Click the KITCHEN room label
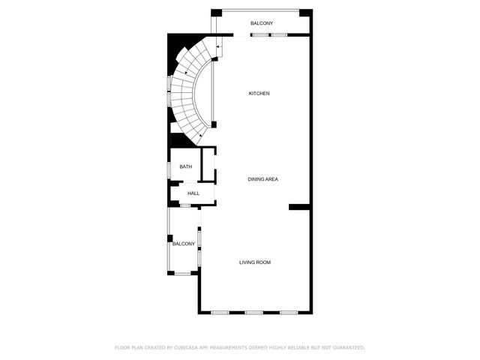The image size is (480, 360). [259, 93]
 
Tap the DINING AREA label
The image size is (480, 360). [263, 179]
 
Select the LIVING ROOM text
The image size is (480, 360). [254, 262]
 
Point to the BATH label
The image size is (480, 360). [185, 166]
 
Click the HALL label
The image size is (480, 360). [193, 193]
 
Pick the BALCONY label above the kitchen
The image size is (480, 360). [262, 23]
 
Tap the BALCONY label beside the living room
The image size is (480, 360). [184, 244]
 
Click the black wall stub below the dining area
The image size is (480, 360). [299, 207]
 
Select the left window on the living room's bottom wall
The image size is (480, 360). [220, 312]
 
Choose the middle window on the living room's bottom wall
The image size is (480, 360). [254, 312]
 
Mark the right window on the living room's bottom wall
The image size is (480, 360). [289, 312]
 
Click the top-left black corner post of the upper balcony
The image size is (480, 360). [216, 13]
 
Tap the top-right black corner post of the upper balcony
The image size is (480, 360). [304, 13]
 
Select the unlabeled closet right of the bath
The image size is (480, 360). [208, 165]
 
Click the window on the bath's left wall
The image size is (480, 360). [169, 169]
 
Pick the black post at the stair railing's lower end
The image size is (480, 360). [214, 124]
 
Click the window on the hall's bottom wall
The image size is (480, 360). [185, 205]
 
